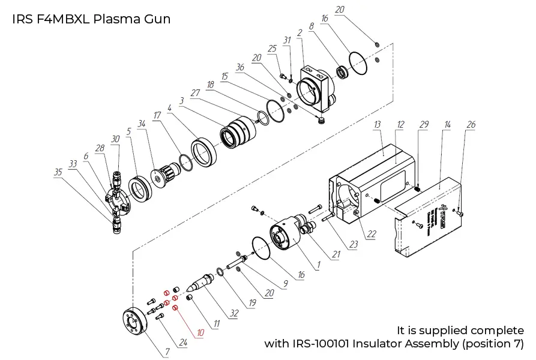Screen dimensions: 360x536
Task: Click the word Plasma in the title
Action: (x=114, y=19)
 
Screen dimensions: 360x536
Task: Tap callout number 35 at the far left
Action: (x=58, y=172)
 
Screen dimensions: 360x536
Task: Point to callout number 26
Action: (x=471, y=125)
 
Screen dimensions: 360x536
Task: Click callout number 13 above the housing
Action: (x=378, y=124)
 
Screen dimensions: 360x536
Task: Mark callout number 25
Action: (x=272, y=48)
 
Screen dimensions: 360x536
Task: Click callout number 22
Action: (x=372, y=234)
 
